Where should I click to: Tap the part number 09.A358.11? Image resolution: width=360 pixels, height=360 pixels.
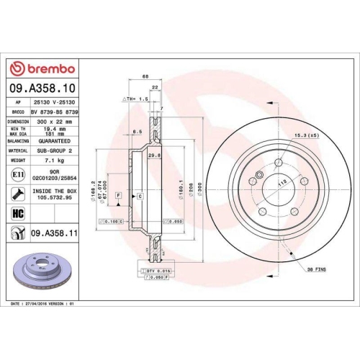point(55,234)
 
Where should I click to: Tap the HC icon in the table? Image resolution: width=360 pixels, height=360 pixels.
point(17,214)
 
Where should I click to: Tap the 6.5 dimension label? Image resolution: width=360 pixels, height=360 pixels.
point(136,132)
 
